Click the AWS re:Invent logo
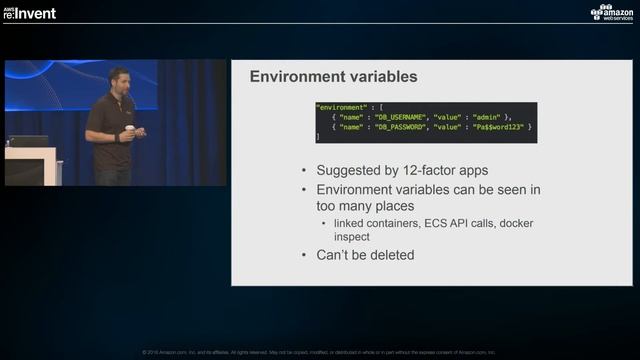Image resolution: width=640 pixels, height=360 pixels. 29,12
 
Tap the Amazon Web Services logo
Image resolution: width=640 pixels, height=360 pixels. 611,12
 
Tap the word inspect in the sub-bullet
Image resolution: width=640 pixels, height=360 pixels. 351,238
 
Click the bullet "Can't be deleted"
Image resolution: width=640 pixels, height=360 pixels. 365,255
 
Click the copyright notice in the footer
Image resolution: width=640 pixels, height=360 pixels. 319,352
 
